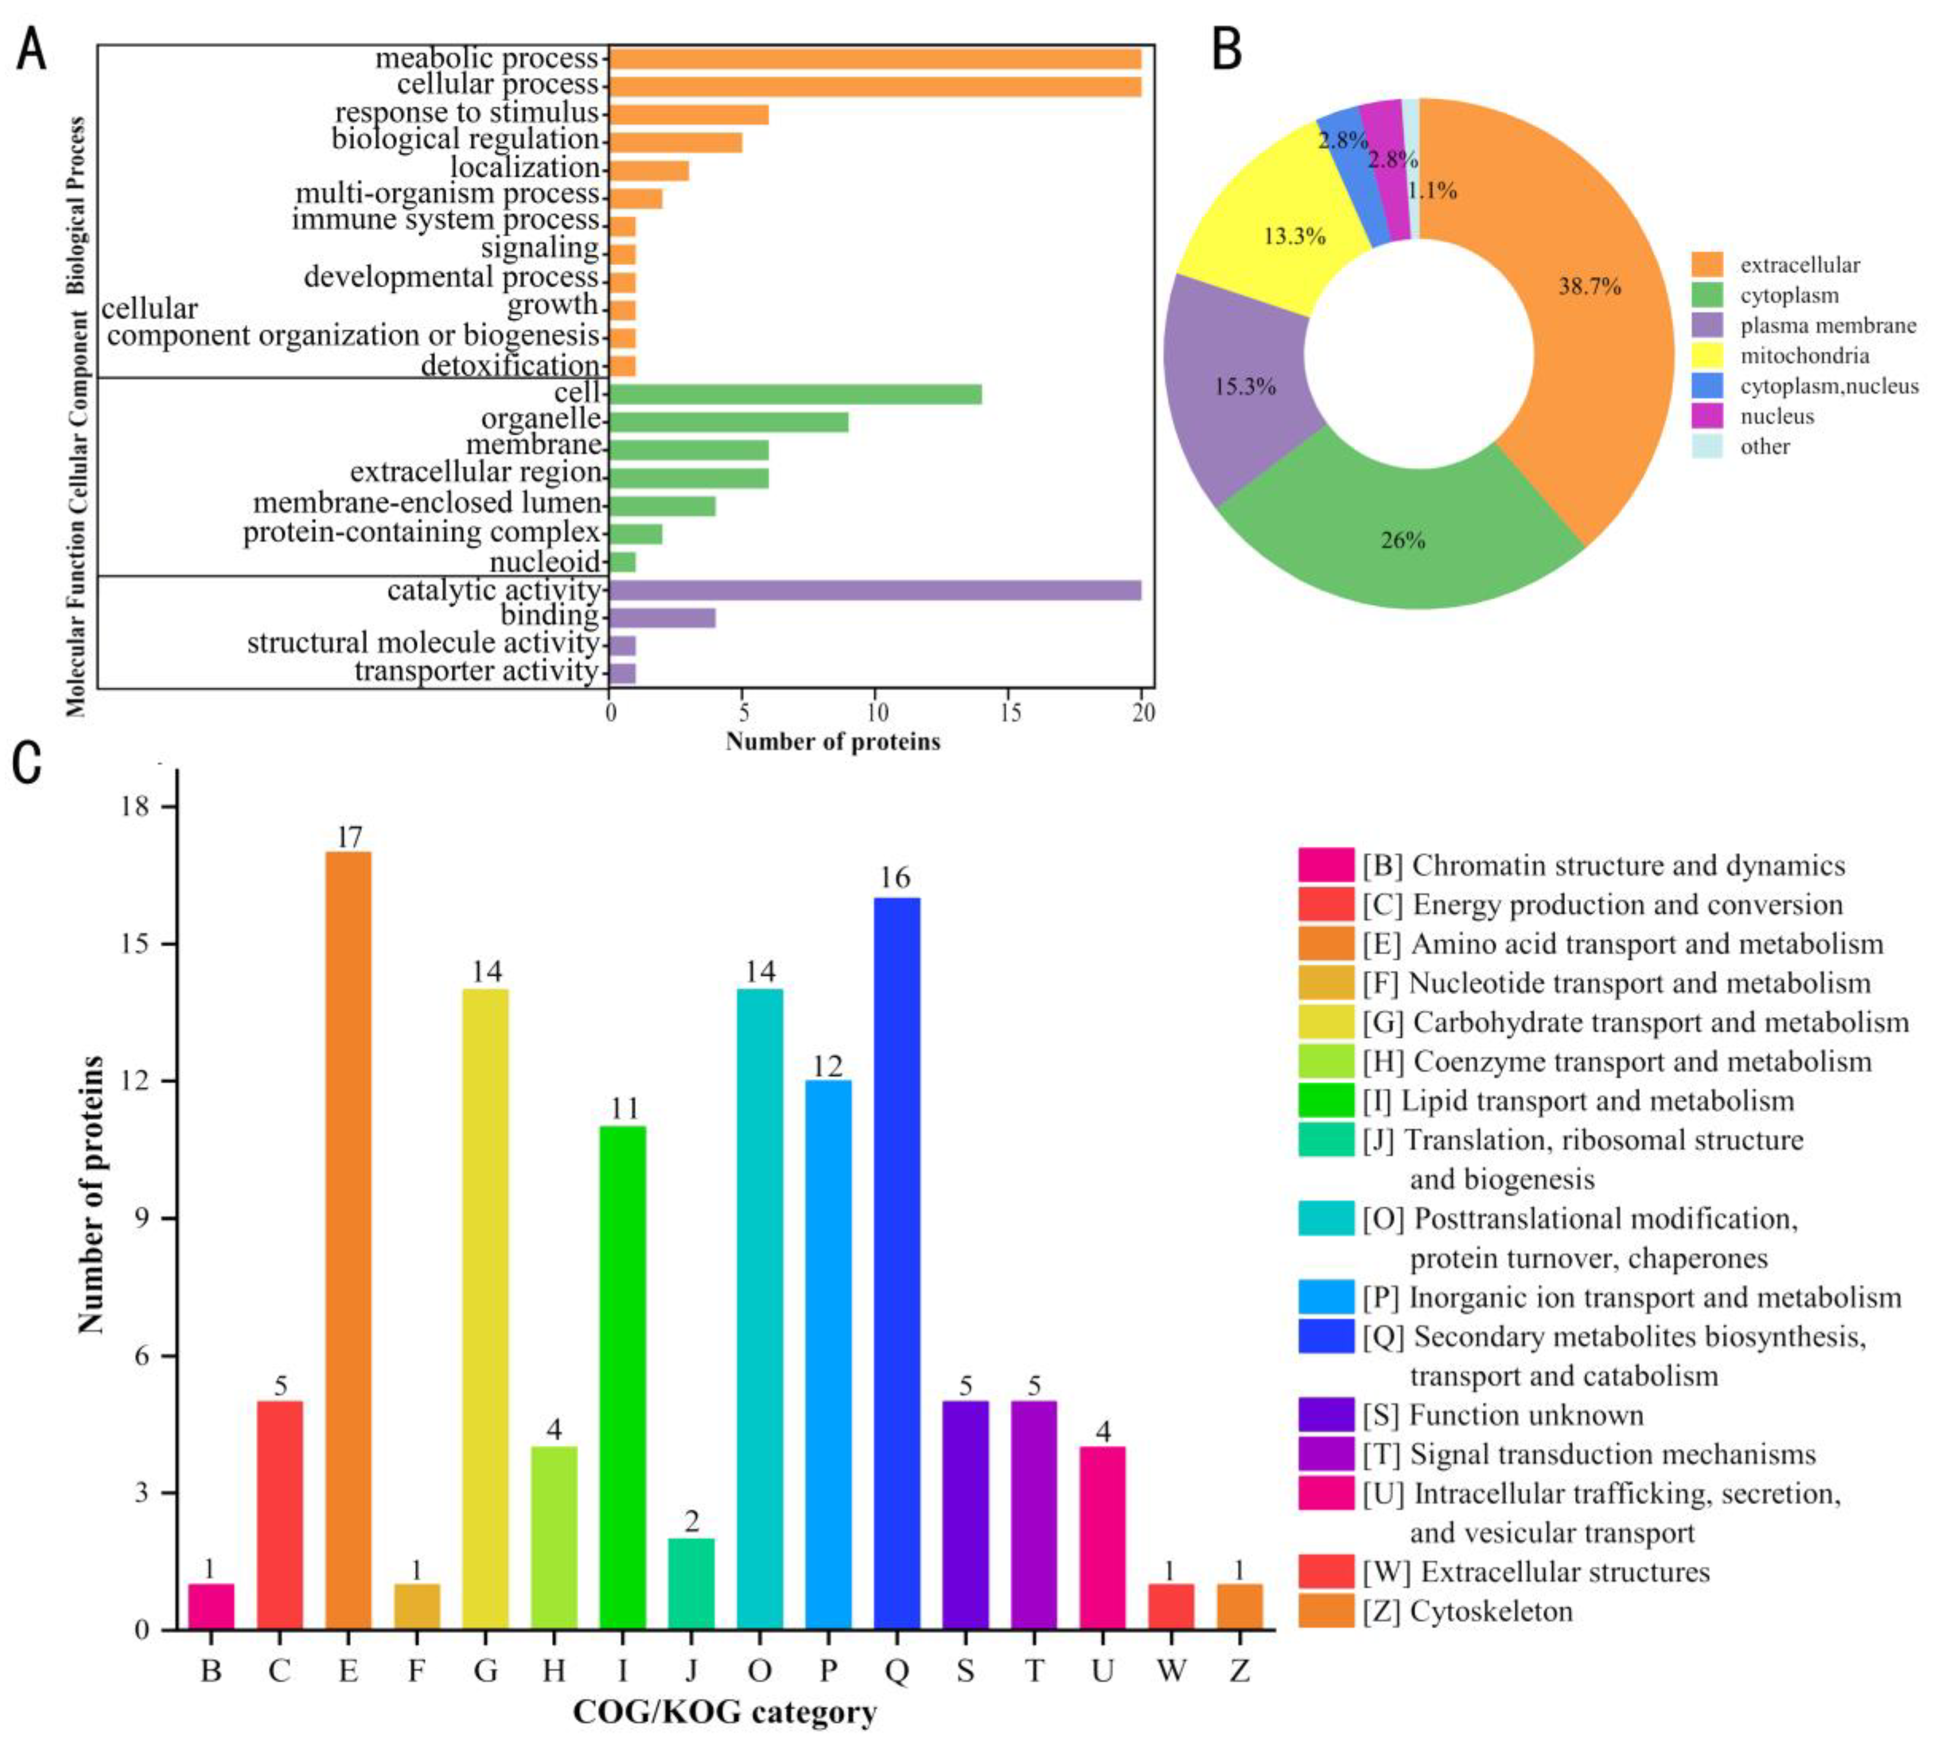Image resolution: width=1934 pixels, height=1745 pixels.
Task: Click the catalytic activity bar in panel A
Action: tap(874, 590)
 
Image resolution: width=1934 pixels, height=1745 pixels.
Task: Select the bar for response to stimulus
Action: tap(689, 114)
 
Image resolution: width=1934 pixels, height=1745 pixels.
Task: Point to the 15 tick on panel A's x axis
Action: tap(1009, 713)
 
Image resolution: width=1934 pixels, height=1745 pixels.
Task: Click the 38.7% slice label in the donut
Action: tap(1589, 286)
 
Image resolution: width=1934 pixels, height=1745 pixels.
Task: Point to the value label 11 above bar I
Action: tap(623, 1108)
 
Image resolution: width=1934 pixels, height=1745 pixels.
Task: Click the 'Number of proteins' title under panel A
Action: tap(832, 741)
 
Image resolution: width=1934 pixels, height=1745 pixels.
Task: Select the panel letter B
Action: tap(1227, 50)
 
